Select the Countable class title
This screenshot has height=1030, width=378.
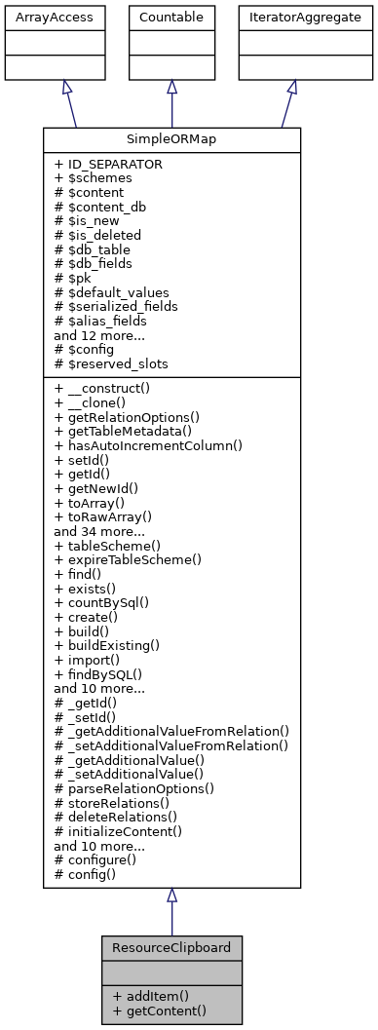171,17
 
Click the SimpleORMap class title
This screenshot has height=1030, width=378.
171,139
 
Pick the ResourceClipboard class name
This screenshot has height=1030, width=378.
171,946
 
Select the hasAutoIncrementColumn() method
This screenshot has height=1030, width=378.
148,445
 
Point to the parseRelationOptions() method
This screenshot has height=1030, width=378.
134,786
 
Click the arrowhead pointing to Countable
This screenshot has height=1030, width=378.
171,88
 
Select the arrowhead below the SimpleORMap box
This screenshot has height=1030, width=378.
171,896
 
